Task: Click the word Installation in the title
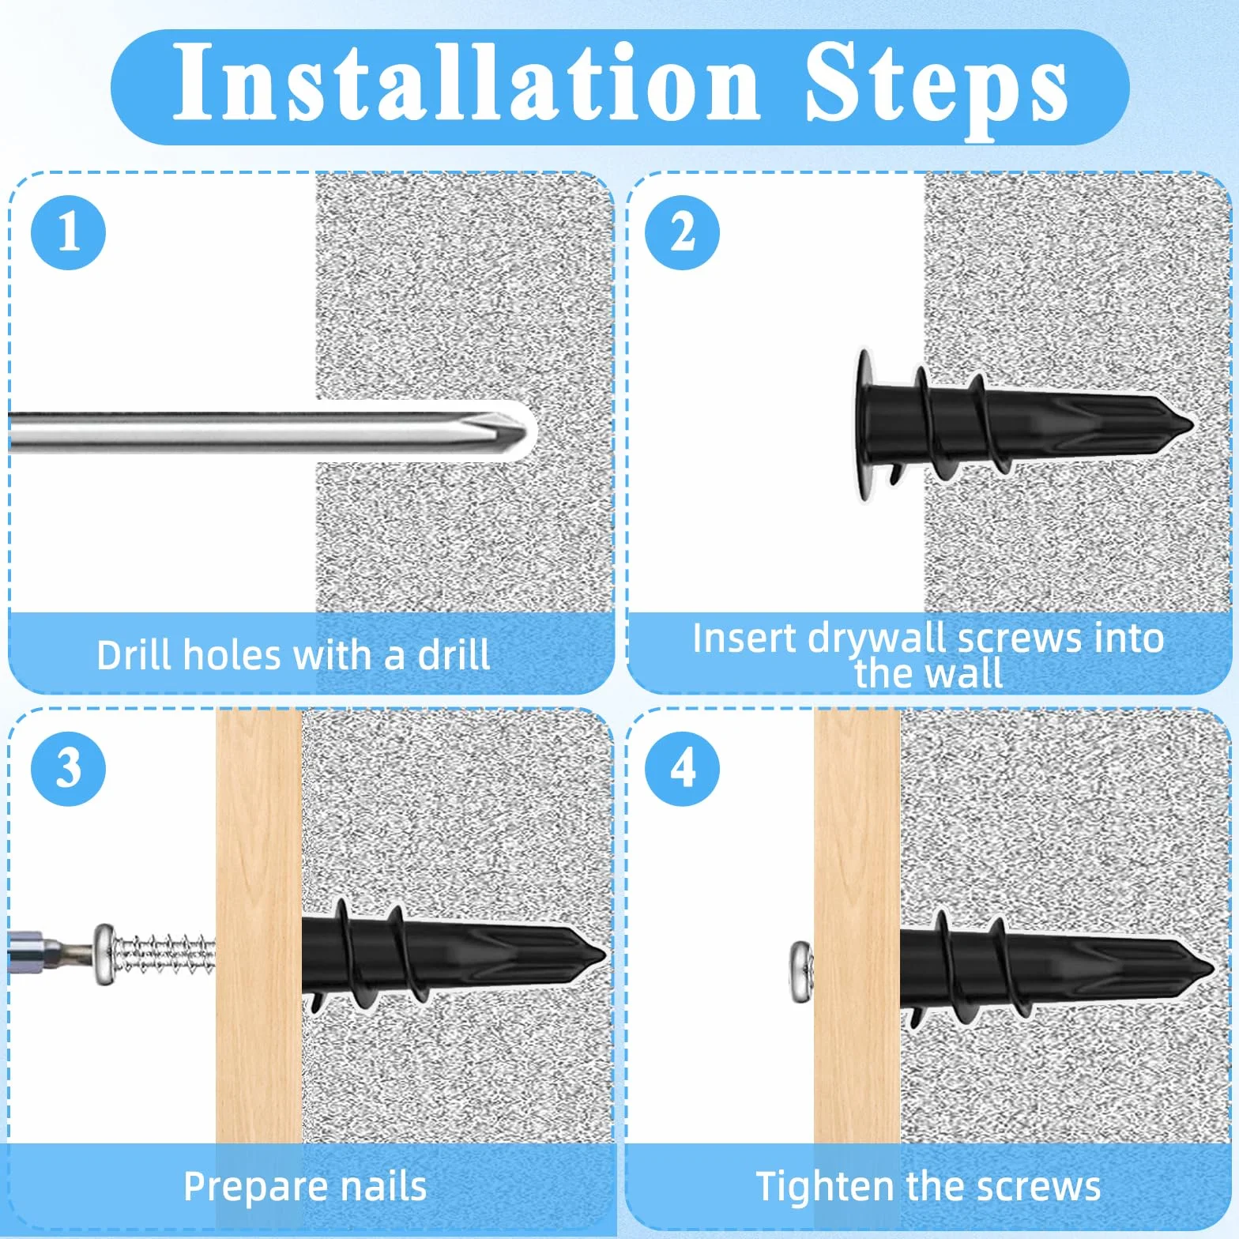click(465, 82)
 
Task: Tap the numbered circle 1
click(68, 232)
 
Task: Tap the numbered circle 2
click(682, 232)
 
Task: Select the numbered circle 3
click(68, 768)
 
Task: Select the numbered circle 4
click(682, 768)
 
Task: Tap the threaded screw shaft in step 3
click(166, 955)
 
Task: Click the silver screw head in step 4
click(802, 972)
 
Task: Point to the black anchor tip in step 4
click(1211, 970)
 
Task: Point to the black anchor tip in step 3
click(602, 955)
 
